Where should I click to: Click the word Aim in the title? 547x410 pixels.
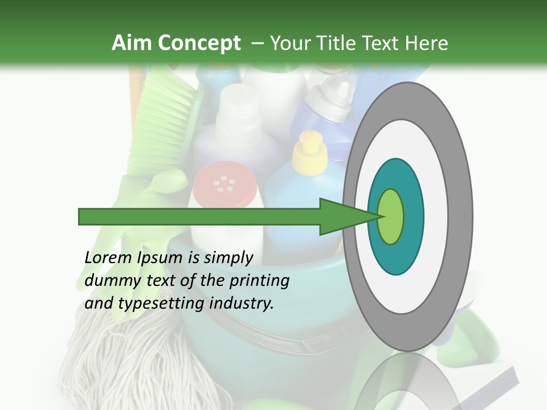click(x=130, y=43)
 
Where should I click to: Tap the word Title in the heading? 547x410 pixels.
click(x=339, y=43)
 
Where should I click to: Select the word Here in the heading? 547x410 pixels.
click(x=427, y=43)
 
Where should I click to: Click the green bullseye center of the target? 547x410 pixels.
click(x=390, y=217)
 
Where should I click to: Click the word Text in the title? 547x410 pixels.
click(x=383, y=43)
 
